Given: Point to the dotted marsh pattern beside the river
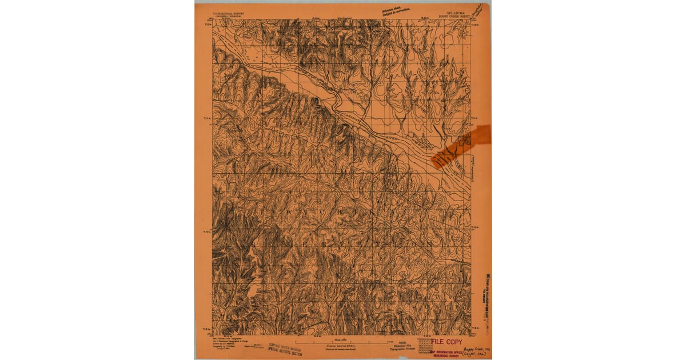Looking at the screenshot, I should point(425,140).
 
